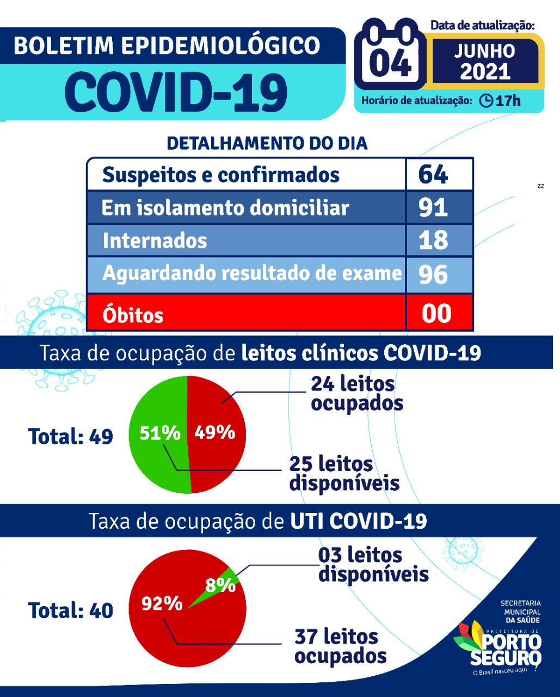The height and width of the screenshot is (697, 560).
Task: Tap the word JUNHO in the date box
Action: (484, 51)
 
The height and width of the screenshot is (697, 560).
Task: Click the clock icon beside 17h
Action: (486, 101)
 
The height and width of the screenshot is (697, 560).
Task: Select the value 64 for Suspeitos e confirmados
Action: (433, 175)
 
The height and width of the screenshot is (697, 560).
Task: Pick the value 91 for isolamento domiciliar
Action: (433, 207)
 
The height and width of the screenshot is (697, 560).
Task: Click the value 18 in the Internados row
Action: (433, 240)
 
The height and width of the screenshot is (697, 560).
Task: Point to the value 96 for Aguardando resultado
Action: (433, 274)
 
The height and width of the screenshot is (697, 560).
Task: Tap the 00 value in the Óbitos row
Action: (436, 314)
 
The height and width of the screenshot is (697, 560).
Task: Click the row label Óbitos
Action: (133, 315)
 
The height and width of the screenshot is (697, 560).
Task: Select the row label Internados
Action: (155, 241)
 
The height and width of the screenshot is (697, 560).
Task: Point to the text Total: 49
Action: (71, 437)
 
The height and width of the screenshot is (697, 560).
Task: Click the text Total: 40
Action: (71, 610)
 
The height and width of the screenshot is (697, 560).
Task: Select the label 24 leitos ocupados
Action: (356, 393)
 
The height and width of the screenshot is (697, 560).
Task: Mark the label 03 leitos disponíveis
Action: (373, 564)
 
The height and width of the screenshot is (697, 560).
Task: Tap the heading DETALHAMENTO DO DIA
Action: (267, 144)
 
